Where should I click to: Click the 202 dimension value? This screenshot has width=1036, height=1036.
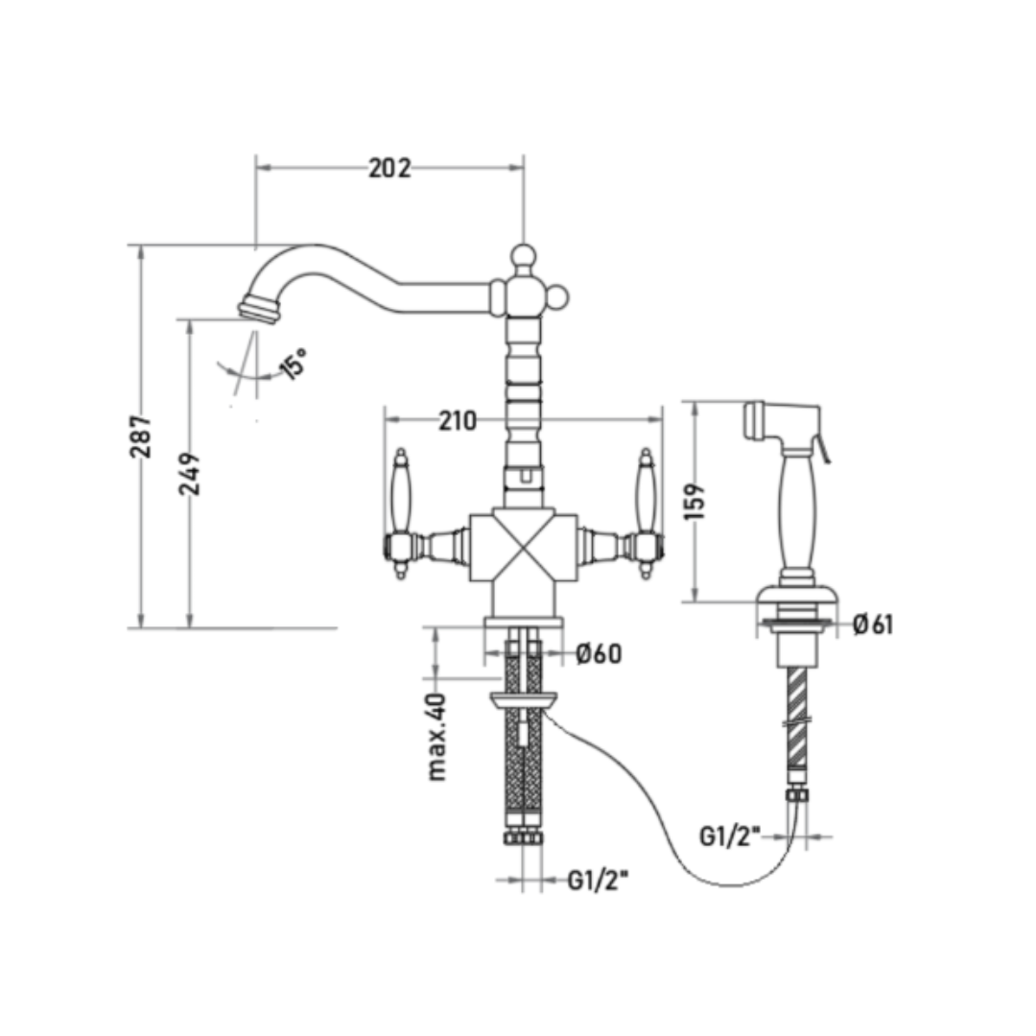[x=389, y=169]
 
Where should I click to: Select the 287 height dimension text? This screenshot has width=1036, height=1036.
[x=141, y=436]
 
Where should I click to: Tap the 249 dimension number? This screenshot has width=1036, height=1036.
[x=190, y=474]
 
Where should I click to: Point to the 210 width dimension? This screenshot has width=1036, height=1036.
[x=458, y=421]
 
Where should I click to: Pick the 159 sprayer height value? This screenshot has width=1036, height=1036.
[x=695, y=502]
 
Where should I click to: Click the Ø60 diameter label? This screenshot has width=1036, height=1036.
[x=599, y=654]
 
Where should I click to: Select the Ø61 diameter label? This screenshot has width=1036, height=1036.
[x=873, y=624]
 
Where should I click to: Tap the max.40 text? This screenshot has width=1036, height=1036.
[x=436, y=738]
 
